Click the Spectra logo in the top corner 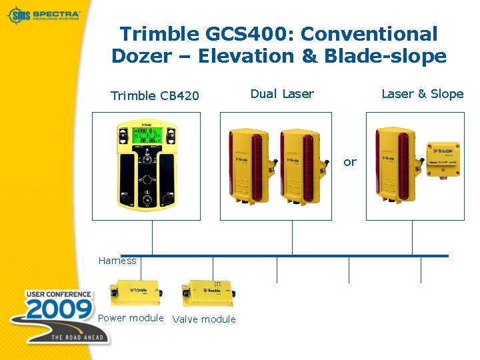pyautogui.click(x=44, y=14)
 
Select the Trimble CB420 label pyautogui.click(x=155, y=95)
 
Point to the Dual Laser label pyautogui.click(x=281, y=94)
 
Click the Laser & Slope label pyautogui.click(x=422, y=94)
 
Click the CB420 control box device pyautogui.click(x=146, y=165)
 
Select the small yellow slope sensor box pyautogui.click(x=443, y=159)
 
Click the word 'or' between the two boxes pyautogui.click(x=350, y=162)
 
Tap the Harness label pyautogui.click(x=117, y=261)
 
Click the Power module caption pyautogui.click(x=131, y=318)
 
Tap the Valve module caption pyautogui.click(x=204, y=319)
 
